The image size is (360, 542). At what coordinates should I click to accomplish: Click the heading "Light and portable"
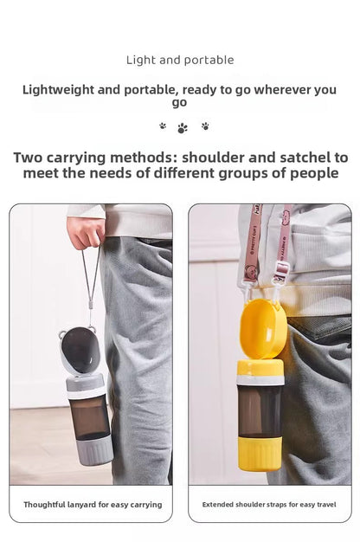tap(180, 60)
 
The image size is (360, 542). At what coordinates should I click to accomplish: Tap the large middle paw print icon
tap(183, 128)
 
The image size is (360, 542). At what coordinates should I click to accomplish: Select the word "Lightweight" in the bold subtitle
tap(59, 90)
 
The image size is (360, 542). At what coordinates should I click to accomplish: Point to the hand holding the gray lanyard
tap(86, 232)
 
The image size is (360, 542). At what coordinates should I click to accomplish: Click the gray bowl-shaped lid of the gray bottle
tap(80, 350)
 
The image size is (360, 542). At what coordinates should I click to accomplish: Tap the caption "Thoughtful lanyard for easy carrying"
tap(93, 505)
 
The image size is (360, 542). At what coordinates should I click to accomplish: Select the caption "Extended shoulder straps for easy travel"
tap(269, 505)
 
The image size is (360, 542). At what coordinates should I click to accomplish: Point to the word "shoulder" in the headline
tap(213, 158)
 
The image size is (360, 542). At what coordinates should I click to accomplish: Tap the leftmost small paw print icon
tap(163, 126)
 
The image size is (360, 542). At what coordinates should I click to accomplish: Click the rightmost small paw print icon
tap(205, 126)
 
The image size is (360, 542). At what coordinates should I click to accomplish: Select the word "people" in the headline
tap(314, 173)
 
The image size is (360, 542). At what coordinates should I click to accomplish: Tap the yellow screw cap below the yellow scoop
tap(260, 371)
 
